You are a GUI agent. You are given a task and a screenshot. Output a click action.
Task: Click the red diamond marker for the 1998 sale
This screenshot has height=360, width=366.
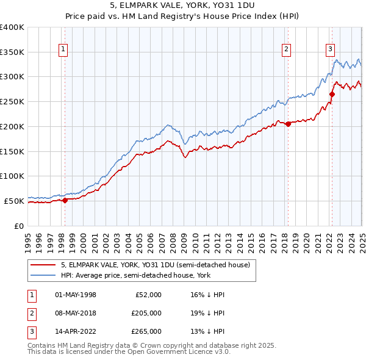[65, 200]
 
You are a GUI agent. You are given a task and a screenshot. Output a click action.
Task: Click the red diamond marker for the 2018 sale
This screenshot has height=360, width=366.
[288, 124]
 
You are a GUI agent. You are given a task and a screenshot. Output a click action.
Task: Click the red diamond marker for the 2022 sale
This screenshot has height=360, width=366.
[332, 94]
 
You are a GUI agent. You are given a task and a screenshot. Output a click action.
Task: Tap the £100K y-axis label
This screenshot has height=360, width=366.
[12, 176]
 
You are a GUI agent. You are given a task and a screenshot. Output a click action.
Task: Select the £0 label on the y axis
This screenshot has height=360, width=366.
[18, 226]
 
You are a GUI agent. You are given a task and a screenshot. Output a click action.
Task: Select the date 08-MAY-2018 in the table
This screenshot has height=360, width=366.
[75, 313]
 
